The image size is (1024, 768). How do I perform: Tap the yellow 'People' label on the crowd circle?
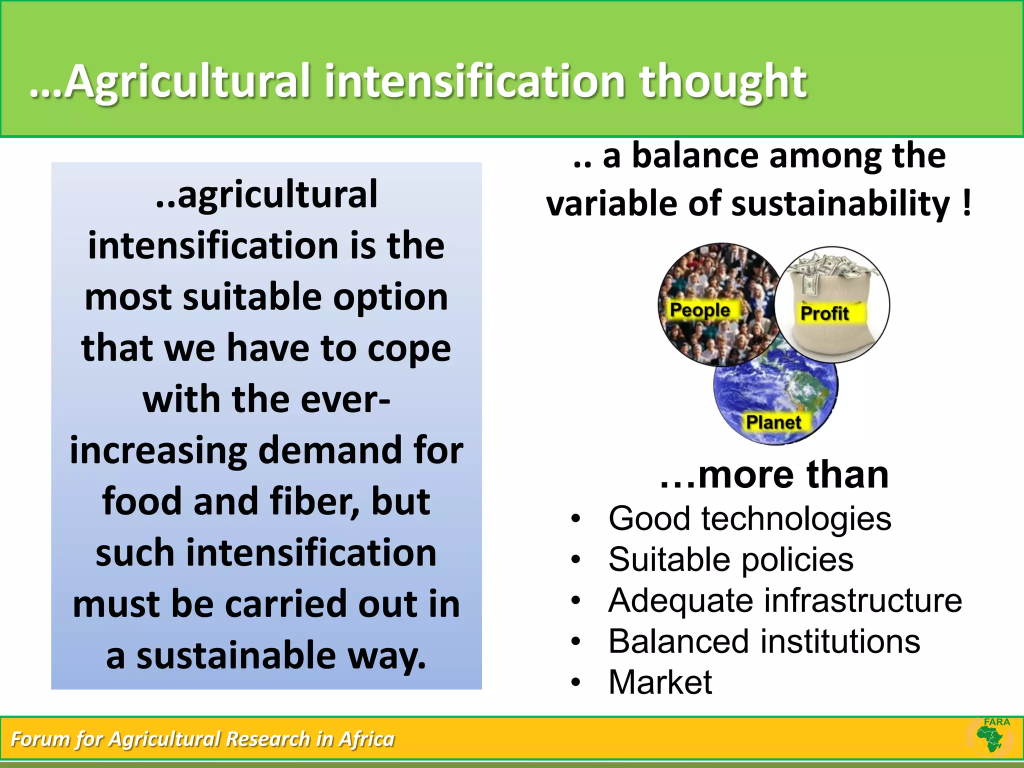699,310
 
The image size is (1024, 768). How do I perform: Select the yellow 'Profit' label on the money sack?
824,313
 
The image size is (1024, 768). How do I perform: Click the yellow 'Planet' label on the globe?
773,422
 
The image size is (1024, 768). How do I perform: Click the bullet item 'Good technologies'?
749,518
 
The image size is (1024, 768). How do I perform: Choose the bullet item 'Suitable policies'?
730,559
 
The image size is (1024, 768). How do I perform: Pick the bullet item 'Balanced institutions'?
764,641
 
